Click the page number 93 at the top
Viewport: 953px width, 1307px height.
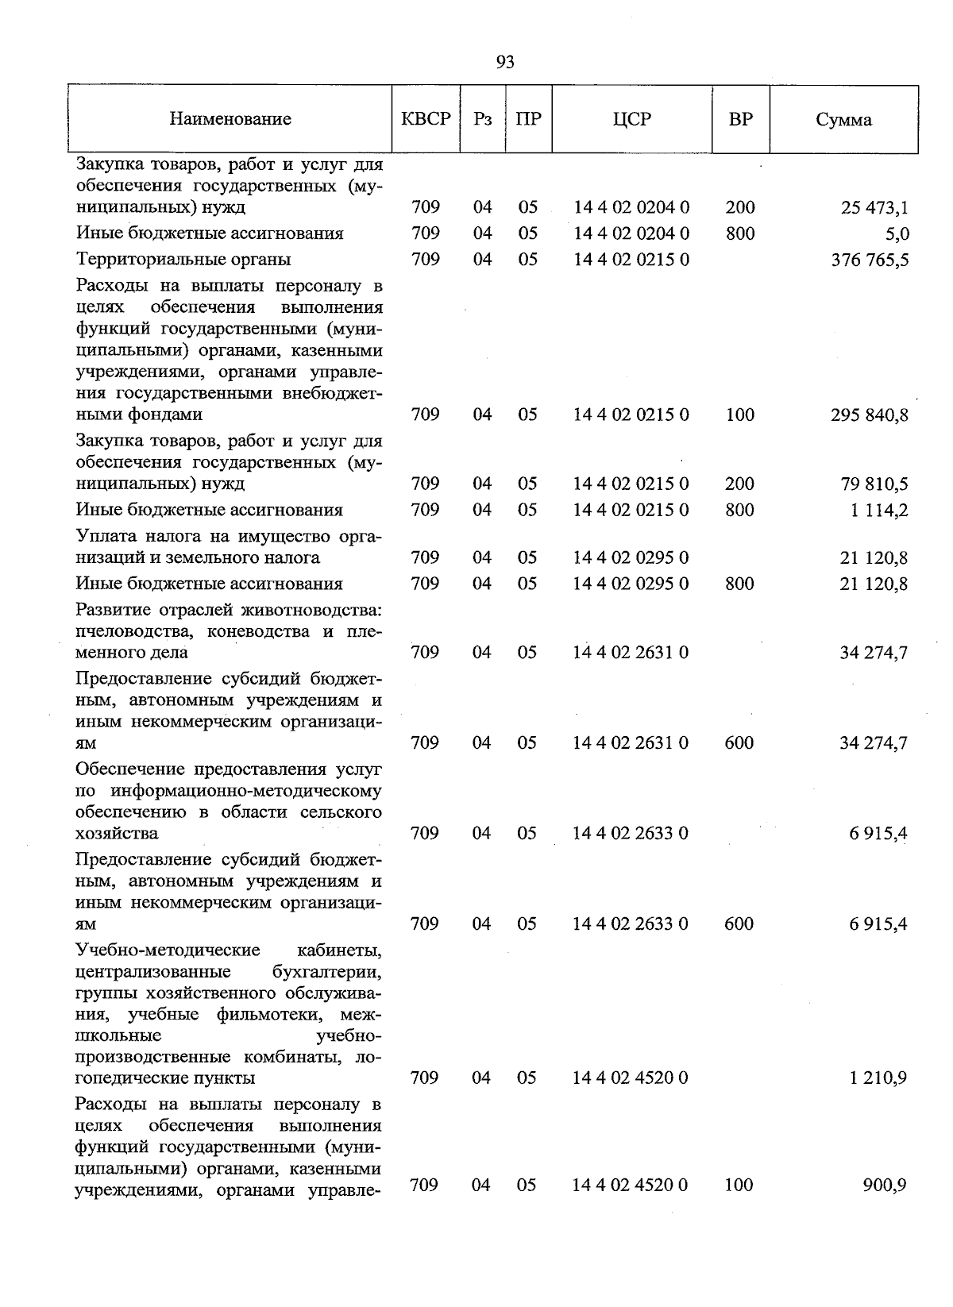tap(504, 63)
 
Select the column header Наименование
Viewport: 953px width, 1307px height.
tap(230, 120)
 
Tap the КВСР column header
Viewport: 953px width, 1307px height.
tap(426, 120)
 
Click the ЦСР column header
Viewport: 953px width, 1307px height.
tap(632, 120)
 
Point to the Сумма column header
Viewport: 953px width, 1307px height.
tap(843, 120)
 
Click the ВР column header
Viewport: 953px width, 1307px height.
tap(740, 120)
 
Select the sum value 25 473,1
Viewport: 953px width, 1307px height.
tap(874, 208)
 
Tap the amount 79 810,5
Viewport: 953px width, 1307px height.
tap(874, 484)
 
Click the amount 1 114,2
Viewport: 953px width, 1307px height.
tap(878, 511)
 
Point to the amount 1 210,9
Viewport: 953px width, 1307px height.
tap(878, 1078)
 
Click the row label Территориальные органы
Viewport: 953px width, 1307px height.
tap(183, 260)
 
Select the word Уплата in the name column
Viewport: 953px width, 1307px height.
tap(104, 537)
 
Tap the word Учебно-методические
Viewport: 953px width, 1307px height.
tap(168, 950)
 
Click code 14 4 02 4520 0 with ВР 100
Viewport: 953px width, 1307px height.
tap(631, 1186)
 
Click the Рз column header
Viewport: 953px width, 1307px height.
tap(482, 120)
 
